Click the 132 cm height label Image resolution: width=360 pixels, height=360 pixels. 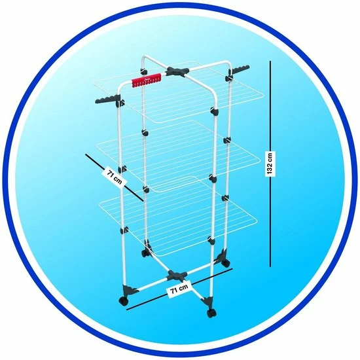click(270, 163)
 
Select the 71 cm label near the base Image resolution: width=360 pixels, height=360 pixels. click(179, 290)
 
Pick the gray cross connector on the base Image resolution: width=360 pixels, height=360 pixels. click(177, 276)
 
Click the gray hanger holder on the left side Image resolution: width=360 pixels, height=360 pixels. click(109, 100)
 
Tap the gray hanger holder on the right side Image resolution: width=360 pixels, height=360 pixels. click(238, 70)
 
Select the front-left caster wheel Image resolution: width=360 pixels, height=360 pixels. click(123, 300)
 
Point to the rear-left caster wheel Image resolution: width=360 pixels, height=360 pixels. click(145, 253)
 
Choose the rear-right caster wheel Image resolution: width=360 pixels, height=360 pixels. click(226, 263)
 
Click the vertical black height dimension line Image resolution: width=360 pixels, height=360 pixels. click(270, 164)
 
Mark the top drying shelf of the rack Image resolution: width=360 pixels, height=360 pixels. click(179, 92)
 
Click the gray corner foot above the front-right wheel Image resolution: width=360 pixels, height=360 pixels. click(207, 302)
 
